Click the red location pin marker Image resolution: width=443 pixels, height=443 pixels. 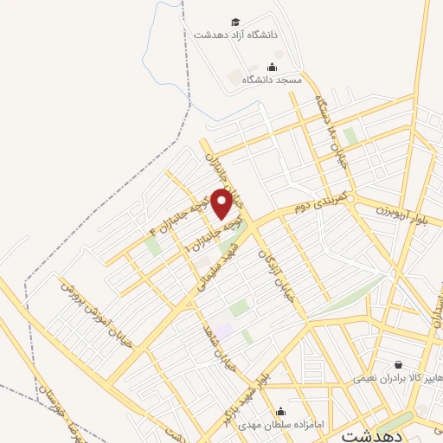(222, 202)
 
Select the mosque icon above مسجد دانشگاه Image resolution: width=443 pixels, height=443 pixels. (273, 67)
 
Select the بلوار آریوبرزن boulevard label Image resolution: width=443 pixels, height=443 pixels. (408, 212)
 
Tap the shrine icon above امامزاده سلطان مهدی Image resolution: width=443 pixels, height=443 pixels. (280, 412)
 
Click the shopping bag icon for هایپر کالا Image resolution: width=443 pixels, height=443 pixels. (398, 366)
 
